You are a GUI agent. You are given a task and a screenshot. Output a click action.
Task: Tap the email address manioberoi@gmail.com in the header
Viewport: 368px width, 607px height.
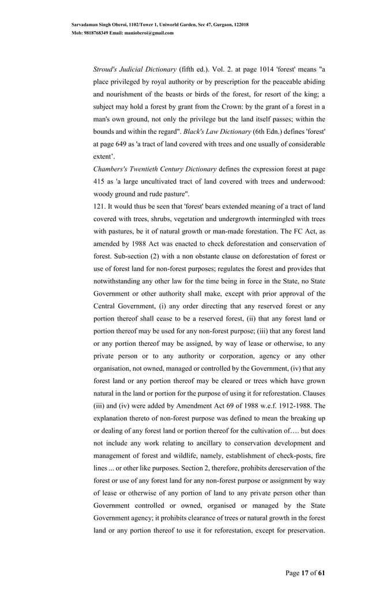(x=147, y=33)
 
